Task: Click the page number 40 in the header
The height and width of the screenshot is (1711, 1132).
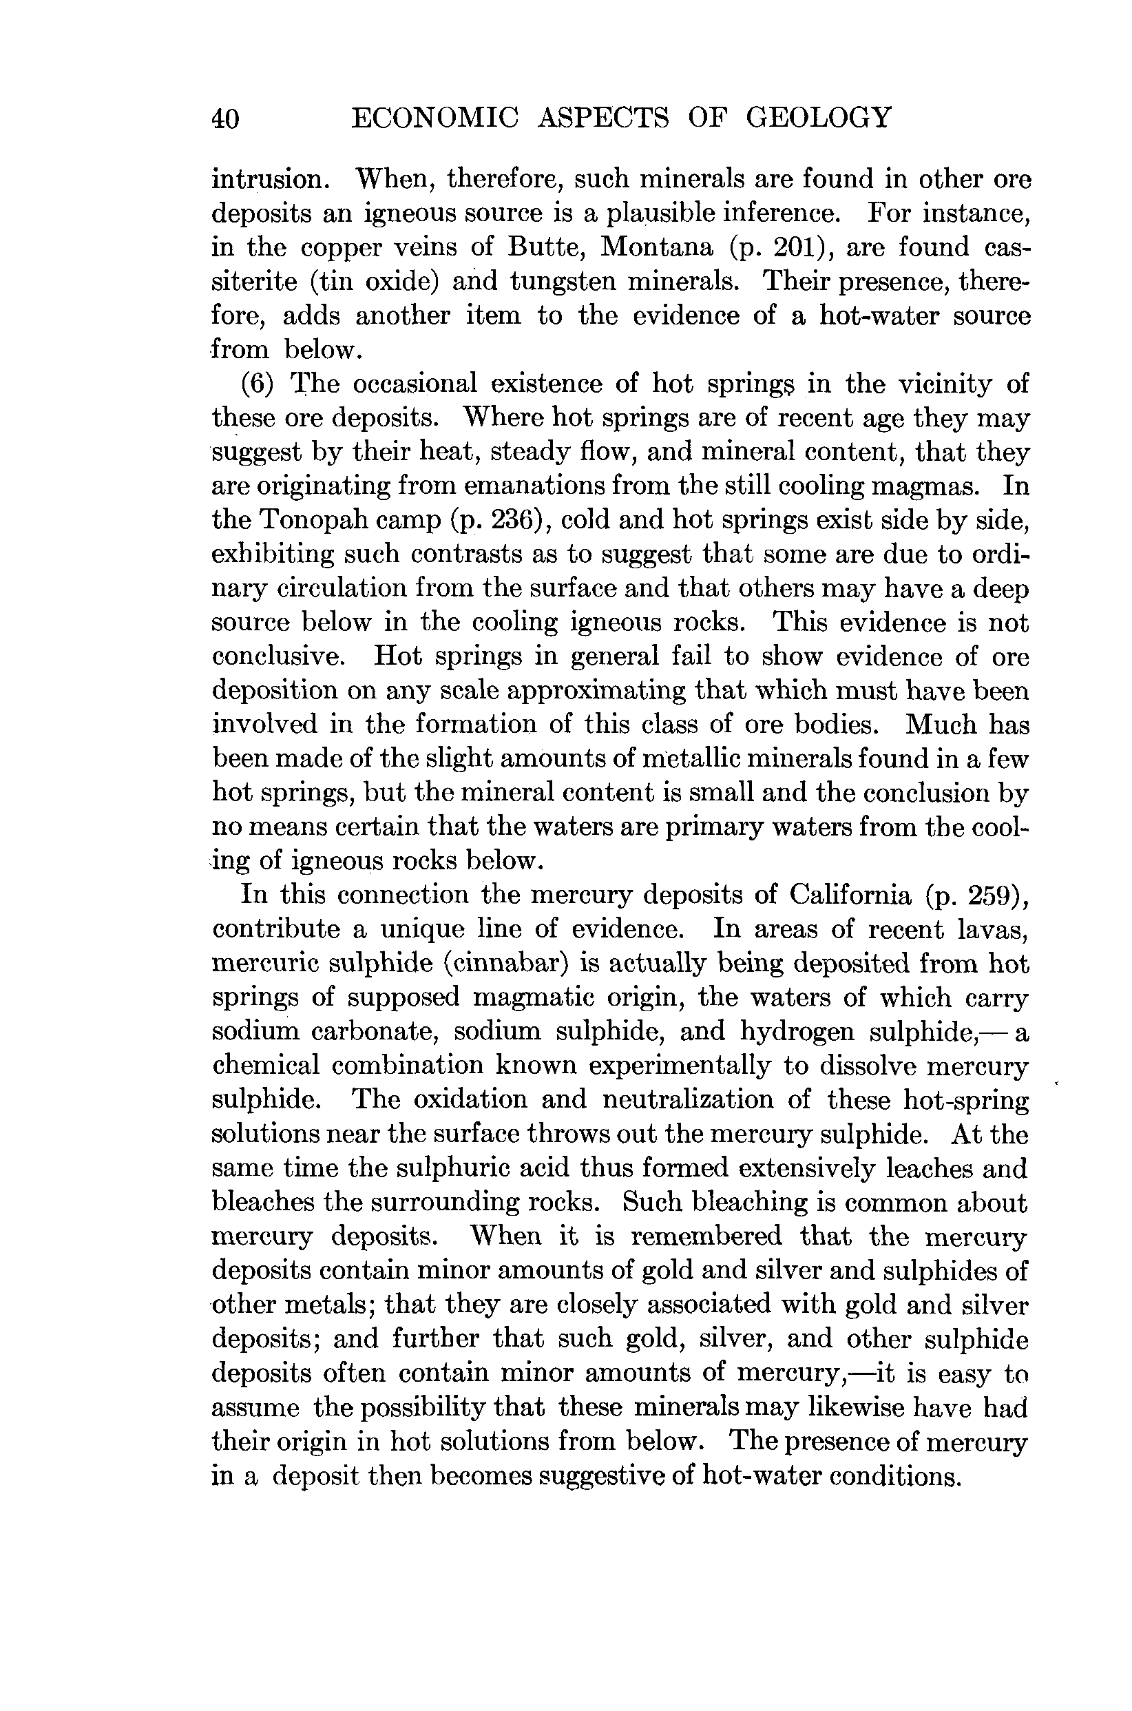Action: tap(225, 118)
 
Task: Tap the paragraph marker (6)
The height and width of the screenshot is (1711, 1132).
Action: tap(258, 384)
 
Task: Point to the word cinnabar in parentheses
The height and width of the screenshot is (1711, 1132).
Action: tap(505, 964)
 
